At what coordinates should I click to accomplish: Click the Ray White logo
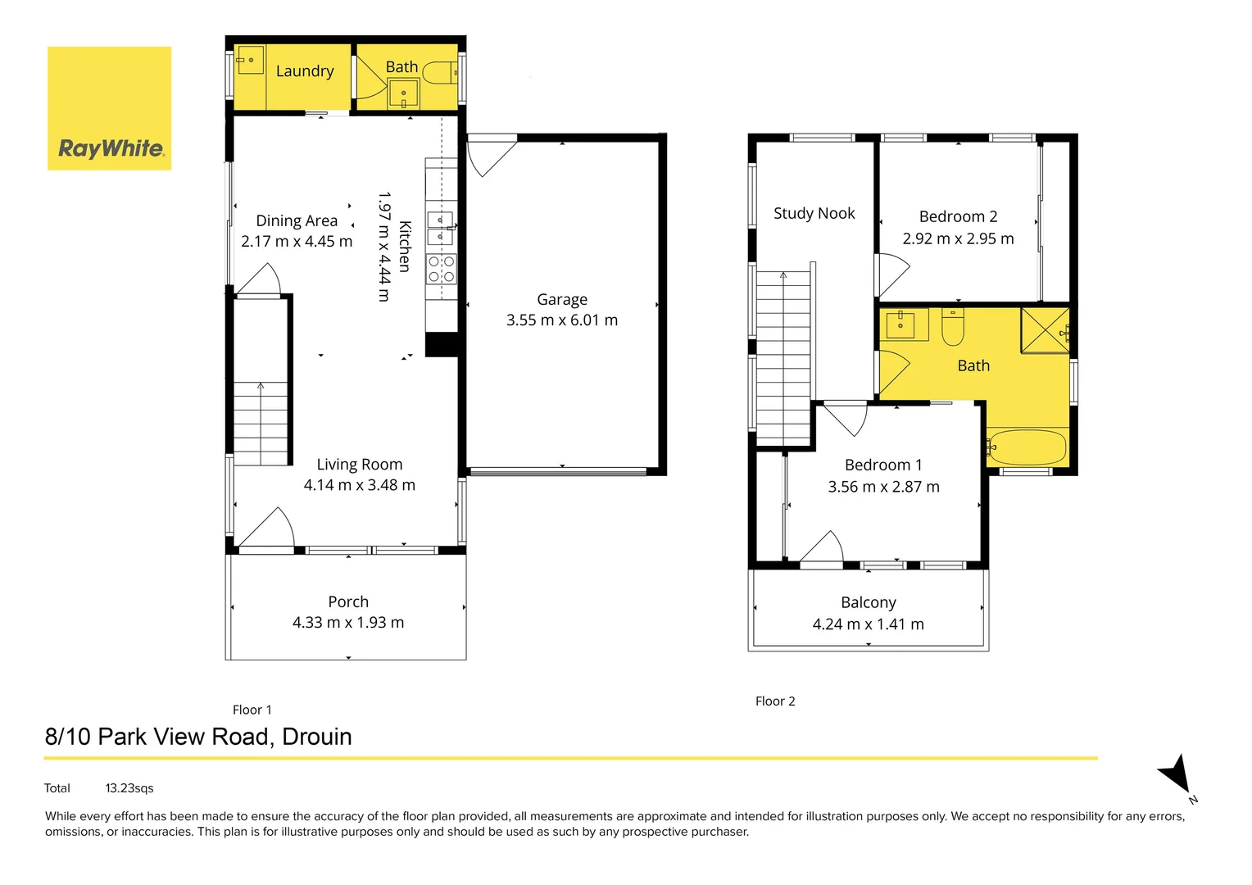tap(110, 109)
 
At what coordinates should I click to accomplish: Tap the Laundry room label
tap(305, 71)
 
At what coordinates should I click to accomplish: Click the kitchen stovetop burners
tap(441, 269)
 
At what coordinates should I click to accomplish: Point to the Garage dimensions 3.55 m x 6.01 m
tap(562, 320)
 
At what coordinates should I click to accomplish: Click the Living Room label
tap(360, 465)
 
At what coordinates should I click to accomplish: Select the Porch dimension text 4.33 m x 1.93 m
tap(348, 623)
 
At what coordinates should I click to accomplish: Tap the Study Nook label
tap(814, 214)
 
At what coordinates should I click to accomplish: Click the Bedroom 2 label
tap(958, 217)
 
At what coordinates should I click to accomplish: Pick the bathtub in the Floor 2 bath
tap(1027, 447)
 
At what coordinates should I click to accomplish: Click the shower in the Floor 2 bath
tap(1045, 330)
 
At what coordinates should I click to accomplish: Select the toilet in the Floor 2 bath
tap(952, 326)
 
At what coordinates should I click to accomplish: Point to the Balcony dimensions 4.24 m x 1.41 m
tap(868, 624)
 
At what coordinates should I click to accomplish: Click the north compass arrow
tap(1177, 774)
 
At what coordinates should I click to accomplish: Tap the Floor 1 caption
tap(252, 710)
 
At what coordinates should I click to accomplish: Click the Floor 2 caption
tap(775, 701)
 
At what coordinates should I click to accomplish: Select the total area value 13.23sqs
tap(129, 788)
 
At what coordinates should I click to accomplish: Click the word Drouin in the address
tap(317, 737)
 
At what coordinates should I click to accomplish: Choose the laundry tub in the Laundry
tap(250, 60)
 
